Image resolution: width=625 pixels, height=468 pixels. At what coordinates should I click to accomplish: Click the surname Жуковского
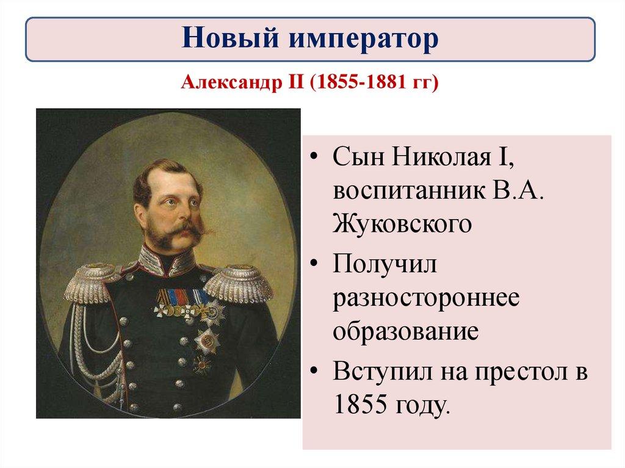402,224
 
